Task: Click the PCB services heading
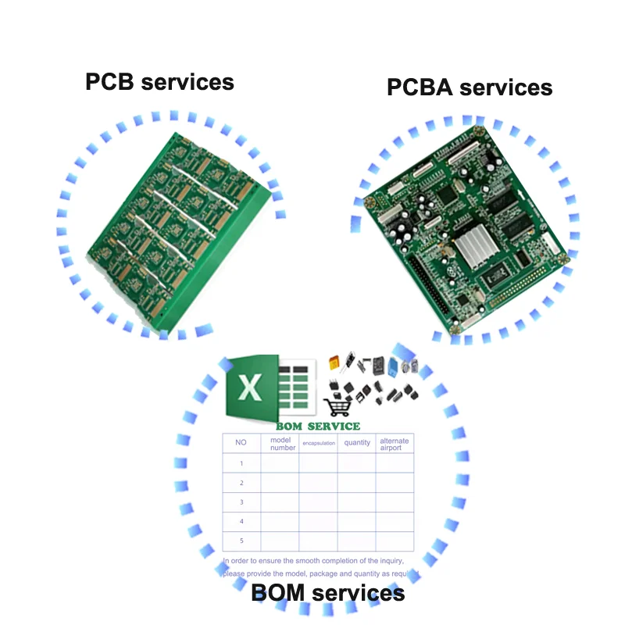point(159,81)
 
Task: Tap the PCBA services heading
point(470,87)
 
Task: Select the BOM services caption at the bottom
point(328,593)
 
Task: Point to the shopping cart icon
point(337,406)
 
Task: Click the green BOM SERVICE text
point(318,427)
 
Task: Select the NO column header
point(241,443)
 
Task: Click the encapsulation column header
point(319,444)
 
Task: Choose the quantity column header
point(357,443)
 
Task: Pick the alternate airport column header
point(395,444)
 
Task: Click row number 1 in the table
point(241,464)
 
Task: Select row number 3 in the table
point(241,502)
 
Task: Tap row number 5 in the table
point(241,541)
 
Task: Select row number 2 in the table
point(241,484)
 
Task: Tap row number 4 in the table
point(241,521)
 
